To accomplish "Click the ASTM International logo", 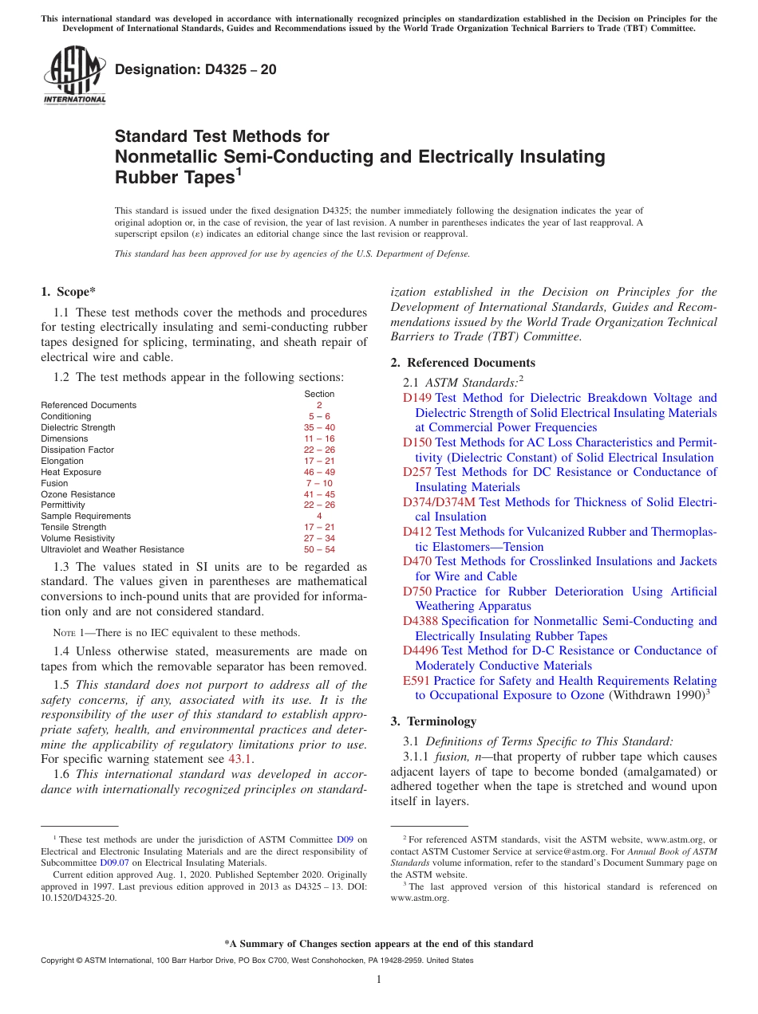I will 74,75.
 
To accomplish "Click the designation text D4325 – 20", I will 195,70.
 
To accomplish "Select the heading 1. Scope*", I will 69,292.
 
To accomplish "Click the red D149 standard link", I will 417,398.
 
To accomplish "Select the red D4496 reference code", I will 420,650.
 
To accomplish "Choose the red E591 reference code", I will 417,681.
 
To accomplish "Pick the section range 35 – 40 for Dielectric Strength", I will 319,427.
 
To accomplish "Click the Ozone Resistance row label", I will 77,494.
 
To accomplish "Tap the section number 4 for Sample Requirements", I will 319,516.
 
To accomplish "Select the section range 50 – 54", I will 319,549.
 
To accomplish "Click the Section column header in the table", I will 319,394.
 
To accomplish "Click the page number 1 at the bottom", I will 379,980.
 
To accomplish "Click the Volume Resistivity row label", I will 78,538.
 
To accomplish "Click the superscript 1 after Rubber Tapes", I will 239,171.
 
